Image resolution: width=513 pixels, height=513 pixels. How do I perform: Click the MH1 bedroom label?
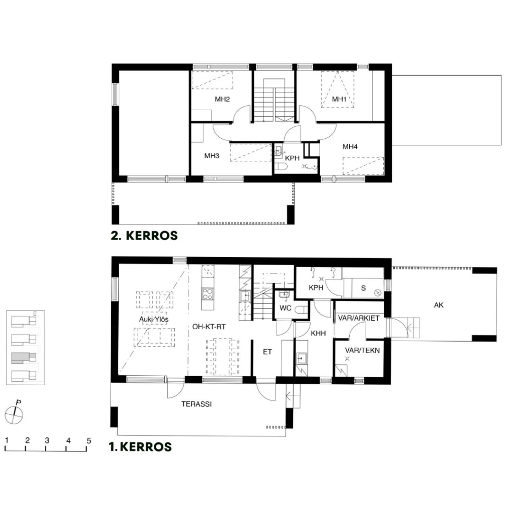click(339, 99)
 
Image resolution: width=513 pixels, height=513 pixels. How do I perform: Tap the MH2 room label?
click(222, 99)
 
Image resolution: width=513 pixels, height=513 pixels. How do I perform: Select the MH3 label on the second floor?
click(212, 156)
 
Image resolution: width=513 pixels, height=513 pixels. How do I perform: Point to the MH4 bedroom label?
click(350, 147)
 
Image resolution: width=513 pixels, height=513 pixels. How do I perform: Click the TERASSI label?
click(196, 404)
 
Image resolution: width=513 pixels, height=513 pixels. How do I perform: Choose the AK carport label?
click(439, 305)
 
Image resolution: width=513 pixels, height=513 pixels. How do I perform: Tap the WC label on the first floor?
click(285, 308)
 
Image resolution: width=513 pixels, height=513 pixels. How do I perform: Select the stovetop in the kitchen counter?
click(207, 294)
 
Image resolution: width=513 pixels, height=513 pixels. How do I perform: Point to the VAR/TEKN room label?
click(362, 350)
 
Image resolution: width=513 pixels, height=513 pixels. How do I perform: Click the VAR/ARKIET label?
click(359, 318)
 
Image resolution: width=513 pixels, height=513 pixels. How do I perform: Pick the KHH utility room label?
click(318, 333)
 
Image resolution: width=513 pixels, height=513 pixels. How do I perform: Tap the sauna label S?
click(363, 288)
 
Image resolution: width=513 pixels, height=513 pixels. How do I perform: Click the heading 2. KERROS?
click(144, 235)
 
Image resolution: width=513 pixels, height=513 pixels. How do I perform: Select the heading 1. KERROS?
click(140, 446)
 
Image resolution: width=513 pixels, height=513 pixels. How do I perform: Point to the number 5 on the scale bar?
click(89, 441)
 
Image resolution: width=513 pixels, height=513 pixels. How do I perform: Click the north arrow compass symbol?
click(14, 413)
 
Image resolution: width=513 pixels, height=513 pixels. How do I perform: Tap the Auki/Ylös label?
click(154, 319)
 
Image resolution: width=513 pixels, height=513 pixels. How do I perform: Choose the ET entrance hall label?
click(268, 352)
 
